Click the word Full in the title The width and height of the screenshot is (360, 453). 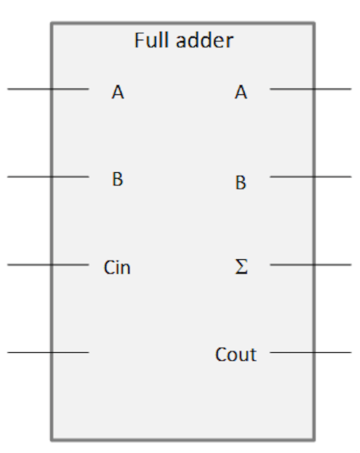152,40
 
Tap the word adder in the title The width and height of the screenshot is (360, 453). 204,40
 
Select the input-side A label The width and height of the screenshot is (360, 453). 118,92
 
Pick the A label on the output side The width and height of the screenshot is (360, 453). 241,92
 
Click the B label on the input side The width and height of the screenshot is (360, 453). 117,179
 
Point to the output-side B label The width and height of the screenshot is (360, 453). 240,183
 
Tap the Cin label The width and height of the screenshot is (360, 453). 117,267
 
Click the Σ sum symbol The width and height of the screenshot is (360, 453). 241,266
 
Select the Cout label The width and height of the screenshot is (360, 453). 236,354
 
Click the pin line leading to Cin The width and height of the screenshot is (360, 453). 48,264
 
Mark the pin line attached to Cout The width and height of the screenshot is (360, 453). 310,352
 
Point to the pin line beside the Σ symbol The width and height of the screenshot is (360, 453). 310,264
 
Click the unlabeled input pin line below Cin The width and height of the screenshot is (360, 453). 48,352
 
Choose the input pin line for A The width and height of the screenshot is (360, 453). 48,89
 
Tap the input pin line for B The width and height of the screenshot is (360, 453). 48,176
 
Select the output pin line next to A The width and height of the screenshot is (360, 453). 310,89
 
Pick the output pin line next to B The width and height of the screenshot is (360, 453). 310,176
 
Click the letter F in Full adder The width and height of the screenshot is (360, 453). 139,40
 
